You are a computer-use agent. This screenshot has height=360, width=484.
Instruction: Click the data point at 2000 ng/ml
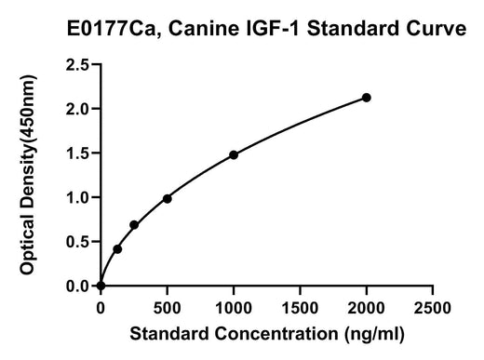point(367,98)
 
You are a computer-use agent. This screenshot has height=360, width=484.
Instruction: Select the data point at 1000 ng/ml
point(234,154)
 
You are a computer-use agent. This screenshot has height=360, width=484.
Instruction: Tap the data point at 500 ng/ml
point(168,199)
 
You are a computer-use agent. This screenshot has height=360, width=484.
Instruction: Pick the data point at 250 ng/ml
point(134,225)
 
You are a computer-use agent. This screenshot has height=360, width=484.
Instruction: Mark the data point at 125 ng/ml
point(117,249)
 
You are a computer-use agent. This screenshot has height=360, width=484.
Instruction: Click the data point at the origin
point(101,286)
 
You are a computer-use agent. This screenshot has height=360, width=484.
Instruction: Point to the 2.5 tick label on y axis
point(77,64)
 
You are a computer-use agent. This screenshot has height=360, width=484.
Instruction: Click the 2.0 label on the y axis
point(77,109)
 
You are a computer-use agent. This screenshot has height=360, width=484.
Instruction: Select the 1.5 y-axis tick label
point(77,153)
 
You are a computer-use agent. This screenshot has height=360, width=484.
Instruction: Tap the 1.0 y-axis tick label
point(77,197)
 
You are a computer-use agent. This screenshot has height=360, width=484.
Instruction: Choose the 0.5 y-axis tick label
point(77,242)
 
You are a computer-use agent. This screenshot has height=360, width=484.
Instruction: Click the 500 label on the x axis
point(168,308)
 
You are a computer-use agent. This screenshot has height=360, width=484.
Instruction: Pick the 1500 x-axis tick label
point(300,308)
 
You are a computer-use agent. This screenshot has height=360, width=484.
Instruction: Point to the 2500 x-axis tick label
point(433,308)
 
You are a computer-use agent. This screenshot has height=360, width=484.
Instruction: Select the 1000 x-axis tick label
point(234,308)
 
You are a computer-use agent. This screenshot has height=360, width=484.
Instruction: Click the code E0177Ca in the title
point(114,30)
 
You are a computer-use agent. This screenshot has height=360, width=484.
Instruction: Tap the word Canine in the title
point(205,29)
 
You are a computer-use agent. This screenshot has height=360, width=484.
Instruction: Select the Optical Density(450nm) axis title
point(28,175)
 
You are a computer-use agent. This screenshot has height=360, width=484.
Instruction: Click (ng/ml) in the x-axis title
point(374,335)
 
